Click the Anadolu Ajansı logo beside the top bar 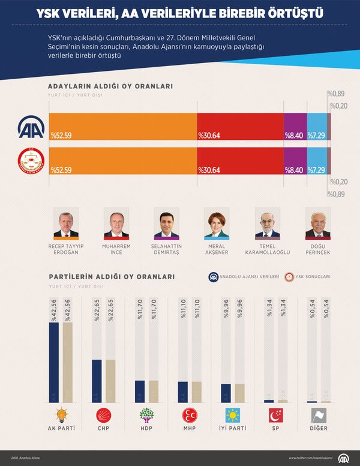click(31, 127)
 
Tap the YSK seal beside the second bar click(31, 162)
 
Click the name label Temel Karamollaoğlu click(267, 249)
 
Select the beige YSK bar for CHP click(110, 381)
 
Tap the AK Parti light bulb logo click(61, 416)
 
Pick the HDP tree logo click(146, 416)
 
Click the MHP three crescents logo click(189, 416)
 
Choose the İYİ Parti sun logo click(232, 416)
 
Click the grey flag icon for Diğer click(318, 416)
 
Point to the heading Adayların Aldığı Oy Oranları click(110, 86)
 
